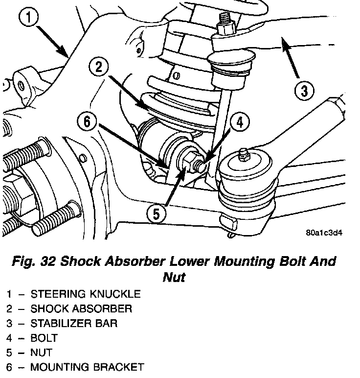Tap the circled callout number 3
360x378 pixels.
click(x=304, y=91)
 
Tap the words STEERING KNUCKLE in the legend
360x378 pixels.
click(x=86, y=294)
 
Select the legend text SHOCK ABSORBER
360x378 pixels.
click(x=81, y=309)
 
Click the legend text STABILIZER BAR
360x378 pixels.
click(x=74, y=324)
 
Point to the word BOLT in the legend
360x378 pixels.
click(x=44, y=338)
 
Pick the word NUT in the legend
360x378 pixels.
click(x=41, y=353)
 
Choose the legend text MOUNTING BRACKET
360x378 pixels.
click(x=87, y=367)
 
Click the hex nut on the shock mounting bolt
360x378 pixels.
click(x=187, y=160)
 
